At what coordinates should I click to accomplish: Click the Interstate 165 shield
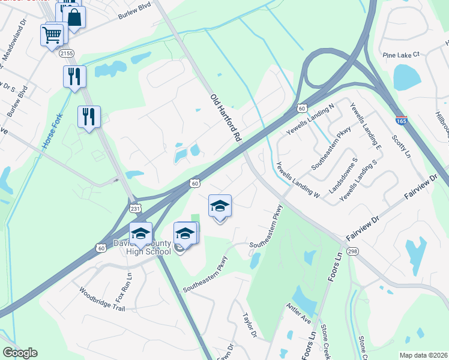(x=402, y=121)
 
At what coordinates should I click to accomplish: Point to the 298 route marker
(x=352, y=251)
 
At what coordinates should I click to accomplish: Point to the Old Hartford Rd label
(x=225, y=117)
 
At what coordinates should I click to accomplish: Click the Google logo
(x=20, y=353)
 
